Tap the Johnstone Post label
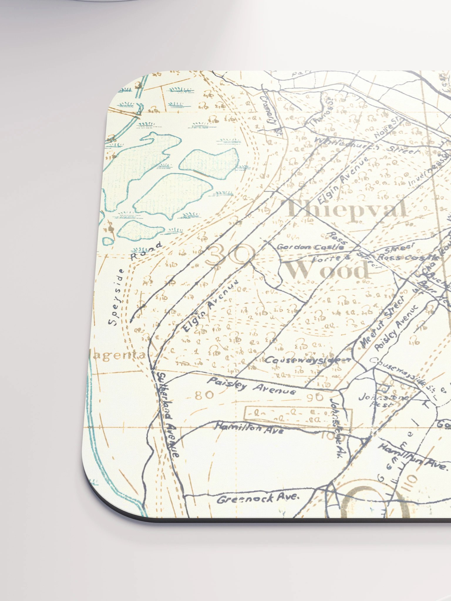[383, 400]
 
